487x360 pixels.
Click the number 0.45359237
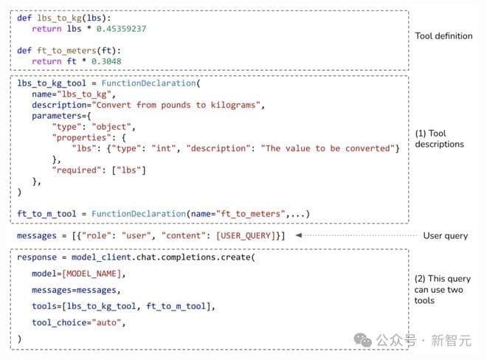pos(121,29)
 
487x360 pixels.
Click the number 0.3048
pos(106,61)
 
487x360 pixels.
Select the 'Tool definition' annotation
pos(443,36)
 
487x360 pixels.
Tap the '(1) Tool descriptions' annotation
pos(439,139)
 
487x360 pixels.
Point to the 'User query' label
pos(446,236)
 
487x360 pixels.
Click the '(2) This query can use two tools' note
pos(442,289)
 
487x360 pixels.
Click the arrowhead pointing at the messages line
pos(299,235)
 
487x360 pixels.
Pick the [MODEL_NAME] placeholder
pos(91,274)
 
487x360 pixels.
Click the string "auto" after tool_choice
pos(106,322)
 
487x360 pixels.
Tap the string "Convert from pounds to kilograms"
pos(176,105)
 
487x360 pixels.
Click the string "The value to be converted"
pos(328,148)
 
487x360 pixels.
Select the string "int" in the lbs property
pos(163,148)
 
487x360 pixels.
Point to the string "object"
pos(111,127)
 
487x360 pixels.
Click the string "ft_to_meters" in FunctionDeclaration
pos(250,214)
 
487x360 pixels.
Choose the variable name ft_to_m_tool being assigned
pos(46,214)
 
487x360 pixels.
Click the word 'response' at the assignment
pos(37,257)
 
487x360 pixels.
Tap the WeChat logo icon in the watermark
pos(362,340)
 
